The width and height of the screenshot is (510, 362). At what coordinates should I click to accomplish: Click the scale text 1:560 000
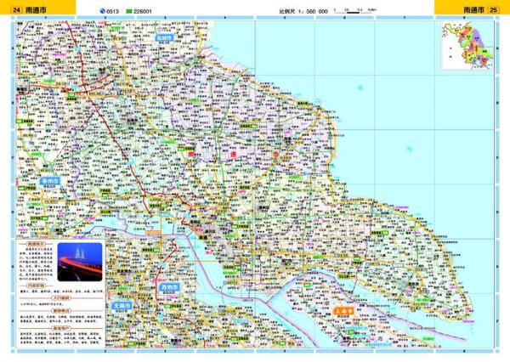(303, 11)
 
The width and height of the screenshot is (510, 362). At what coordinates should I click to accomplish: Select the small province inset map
(467, 47)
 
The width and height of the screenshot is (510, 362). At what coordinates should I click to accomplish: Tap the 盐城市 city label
(164, 39)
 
